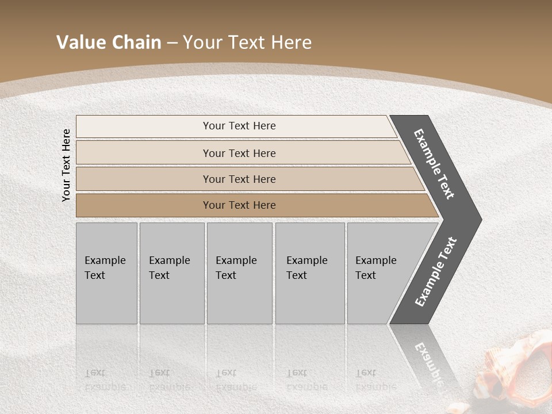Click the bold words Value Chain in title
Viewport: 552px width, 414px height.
109,43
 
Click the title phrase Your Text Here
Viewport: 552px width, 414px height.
247,43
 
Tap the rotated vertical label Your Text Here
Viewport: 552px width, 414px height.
66,165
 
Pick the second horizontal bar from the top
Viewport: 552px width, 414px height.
239,153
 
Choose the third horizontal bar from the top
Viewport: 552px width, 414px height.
239,179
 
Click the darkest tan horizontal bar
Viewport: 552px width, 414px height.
239,205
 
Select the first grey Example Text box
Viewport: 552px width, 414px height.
106,273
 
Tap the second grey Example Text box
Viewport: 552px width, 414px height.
171,273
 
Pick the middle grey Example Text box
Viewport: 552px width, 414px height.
239,273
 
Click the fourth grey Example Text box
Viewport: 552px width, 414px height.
309,273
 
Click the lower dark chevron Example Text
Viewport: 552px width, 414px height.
436,272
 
